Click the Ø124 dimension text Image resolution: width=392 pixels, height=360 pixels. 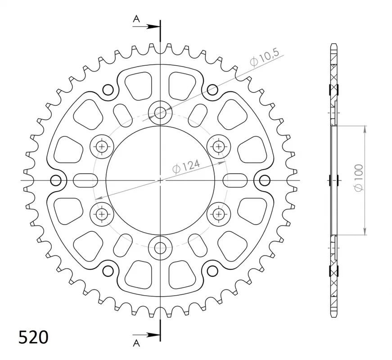click(x=186, y=166)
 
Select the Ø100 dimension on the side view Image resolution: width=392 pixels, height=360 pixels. click(x=359, y=178)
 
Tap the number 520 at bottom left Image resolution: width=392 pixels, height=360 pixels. click(x=33, y=337)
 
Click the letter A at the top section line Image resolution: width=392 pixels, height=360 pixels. click(x=136, y=18)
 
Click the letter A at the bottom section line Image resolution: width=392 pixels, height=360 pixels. click(x=136, y=343)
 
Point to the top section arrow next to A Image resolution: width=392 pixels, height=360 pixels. click(x=146, y=26)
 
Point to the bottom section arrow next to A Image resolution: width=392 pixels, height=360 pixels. click(x=146, y=335)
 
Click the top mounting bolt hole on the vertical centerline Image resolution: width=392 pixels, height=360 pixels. click(x=160, y=113)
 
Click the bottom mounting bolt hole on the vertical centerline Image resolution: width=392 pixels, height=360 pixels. click(x=160, y=248)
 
